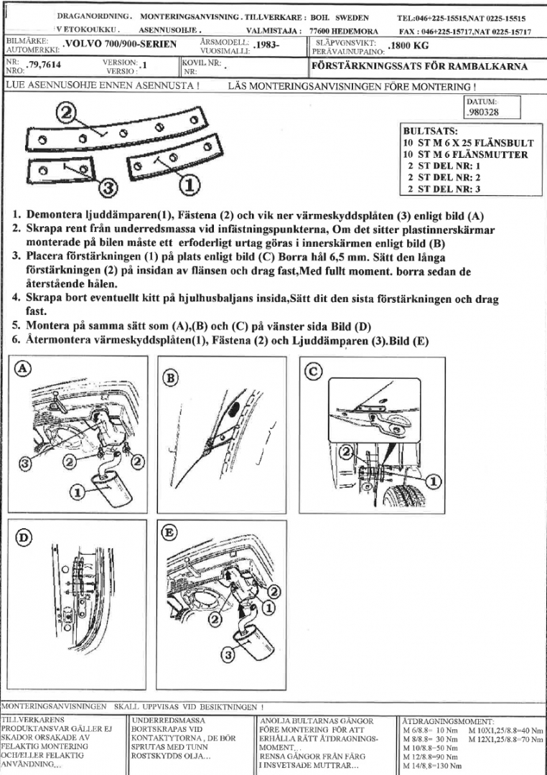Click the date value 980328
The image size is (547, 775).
tap(484, 113)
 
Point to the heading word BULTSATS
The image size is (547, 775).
tap(429, 132)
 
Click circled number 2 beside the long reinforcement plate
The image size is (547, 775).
tap(67, 113)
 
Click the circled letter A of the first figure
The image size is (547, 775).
tap(24, 367)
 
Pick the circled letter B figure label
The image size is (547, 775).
tap(172, 377)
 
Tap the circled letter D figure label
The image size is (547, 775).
tap(24, 537)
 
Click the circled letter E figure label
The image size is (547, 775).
tap(170, 533)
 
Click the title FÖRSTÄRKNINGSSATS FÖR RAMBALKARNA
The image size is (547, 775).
tap(419, 67)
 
